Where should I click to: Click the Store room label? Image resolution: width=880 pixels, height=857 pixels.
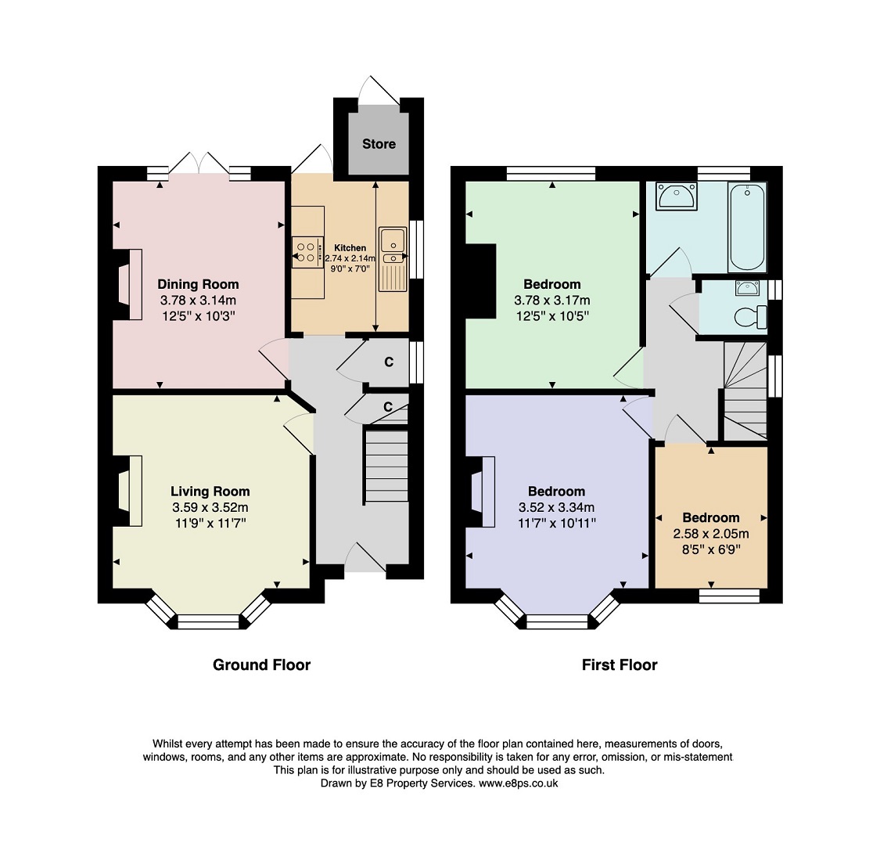click(x=379, y=144)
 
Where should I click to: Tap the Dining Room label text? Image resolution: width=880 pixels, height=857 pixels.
click(x=198, y=284)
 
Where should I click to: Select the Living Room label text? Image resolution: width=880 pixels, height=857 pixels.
click(x=210, y=492)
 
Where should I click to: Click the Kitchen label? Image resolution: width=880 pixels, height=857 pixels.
click(x=350, y=247)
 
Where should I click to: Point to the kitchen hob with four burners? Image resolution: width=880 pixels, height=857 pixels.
click(x=307, y=252)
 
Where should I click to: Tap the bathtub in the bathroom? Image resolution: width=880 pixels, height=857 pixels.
click(x=746, y=226)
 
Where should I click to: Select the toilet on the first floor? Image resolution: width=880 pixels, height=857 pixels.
click(x=751, y=316)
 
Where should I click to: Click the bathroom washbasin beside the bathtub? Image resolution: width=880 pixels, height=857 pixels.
click(x=677, y=196)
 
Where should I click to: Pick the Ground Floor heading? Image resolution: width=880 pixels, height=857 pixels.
click(x=261, y=665)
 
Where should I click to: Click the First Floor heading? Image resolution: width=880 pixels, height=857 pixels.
click(x=620, y=665)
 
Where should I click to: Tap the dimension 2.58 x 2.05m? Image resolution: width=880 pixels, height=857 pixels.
click(x=711, y=534)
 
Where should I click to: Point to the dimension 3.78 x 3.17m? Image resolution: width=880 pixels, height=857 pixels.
click(x=552, y=300)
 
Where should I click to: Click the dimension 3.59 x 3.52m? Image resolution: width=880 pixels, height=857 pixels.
click(x=210, y=507)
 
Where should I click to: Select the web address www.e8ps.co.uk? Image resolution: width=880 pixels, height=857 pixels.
click(x=518, y=783)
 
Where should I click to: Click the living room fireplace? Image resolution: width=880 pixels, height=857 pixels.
click(x=130, y=491)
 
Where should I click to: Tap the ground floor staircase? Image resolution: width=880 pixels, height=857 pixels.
click(x=386, y=466)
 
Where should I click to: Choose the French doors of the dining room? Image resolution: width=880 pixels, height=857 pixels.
click(x=199, y=163)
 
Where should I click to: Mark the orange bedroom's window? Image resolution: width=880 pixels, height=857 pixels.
click(x=730, y=596)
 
